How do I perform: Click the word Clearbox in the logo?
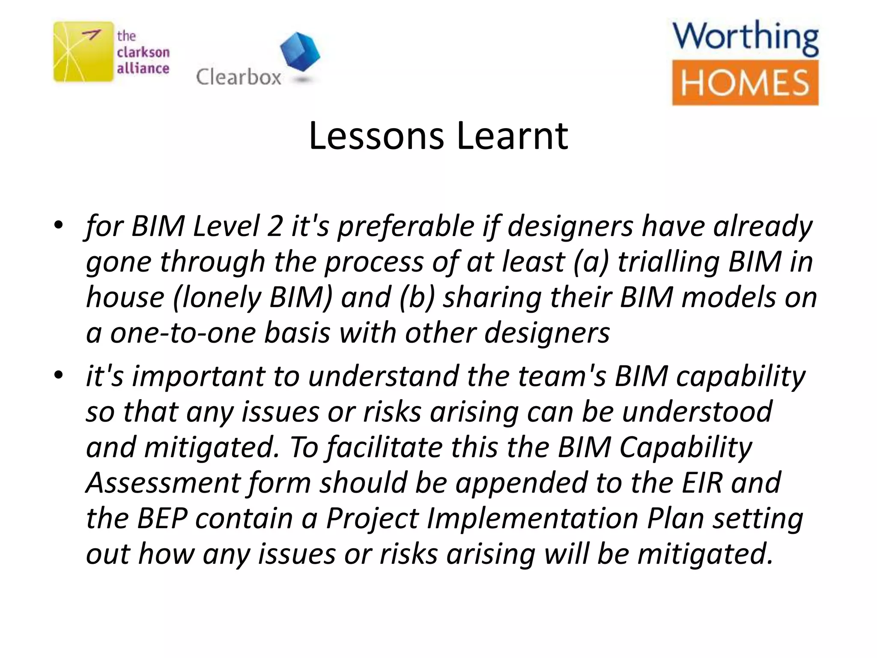coord(239,78)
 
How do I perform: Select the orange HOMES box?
coord(745,83)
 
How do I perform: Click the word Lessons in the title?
coord(376,136)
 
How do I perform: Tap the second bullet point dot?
coord(59,375)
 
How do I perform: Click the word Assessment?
coord(163,482)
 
